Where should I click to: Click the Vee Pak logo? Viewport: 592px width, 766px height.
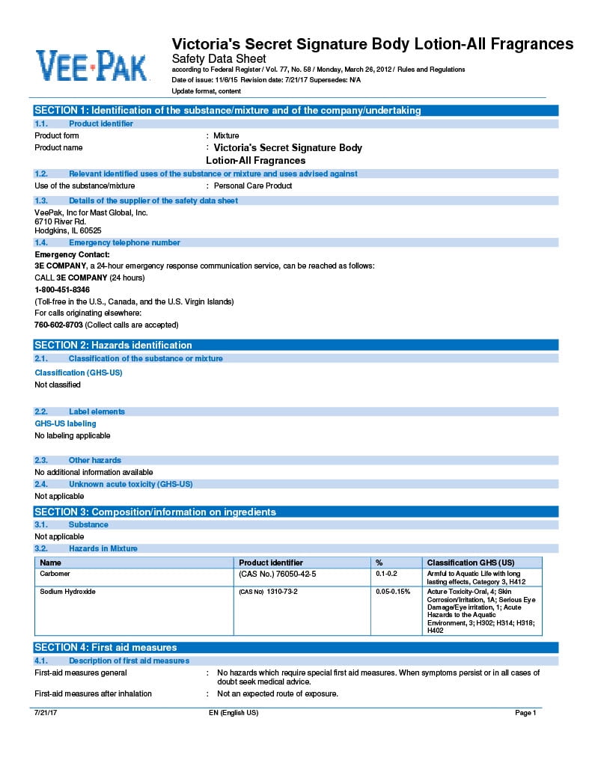[x=91, y=66]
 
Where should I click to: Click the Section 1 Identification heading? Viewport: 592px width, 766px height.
[x=228, y=111]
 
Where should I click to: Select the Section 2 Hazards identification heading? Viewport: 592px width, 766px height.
[x=114, y=345]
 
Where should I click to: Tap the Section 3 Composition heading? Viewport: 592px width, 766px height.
[x=156, y=512]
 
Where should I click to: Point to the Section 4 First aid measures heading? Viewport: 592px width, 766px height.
[x=106, y=647]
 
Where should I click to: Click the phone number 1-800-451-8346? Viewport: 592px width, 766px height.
[x=62, y=289]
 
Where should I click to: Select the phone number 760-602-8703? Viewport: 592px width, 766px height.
[x=58, y=325]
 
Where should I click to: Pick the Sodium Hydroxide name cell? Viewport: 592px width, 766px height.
[x=67, y=592]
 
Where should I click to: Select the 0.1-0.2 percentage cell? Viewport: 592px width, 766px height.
[x=386, y=574]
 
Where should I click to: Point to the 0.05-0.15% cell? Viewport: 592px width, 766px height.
[x=393, y=592]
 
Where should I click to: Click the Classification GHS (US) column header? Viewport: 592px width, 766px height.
[x=470, y=563]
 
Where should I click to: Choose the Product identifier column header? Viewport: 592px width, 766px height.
[x=271, y=563]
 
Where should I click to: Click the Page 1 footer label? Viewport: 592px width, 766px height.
[x=525, y=713]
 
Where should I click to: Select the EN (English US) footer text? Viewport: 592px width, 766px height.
[x=234, y=713]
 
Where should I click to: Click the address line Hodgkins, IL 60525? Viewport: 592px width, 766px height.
[x=68, y=231]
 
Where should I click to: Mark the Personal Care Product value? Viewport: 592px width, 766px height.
[x=253, y=186]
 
